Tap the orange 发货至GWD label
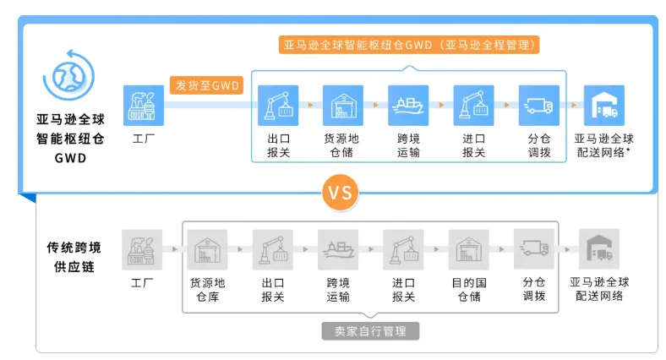(206, 85)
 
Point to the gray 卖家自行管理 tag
(370, 331)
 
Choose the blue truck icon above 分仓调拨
(539, 106)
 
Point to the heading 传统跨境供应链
(74, 256)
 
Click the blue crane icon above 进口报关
(473, 106)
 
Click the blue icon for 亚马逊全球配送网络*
(603, 106)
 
